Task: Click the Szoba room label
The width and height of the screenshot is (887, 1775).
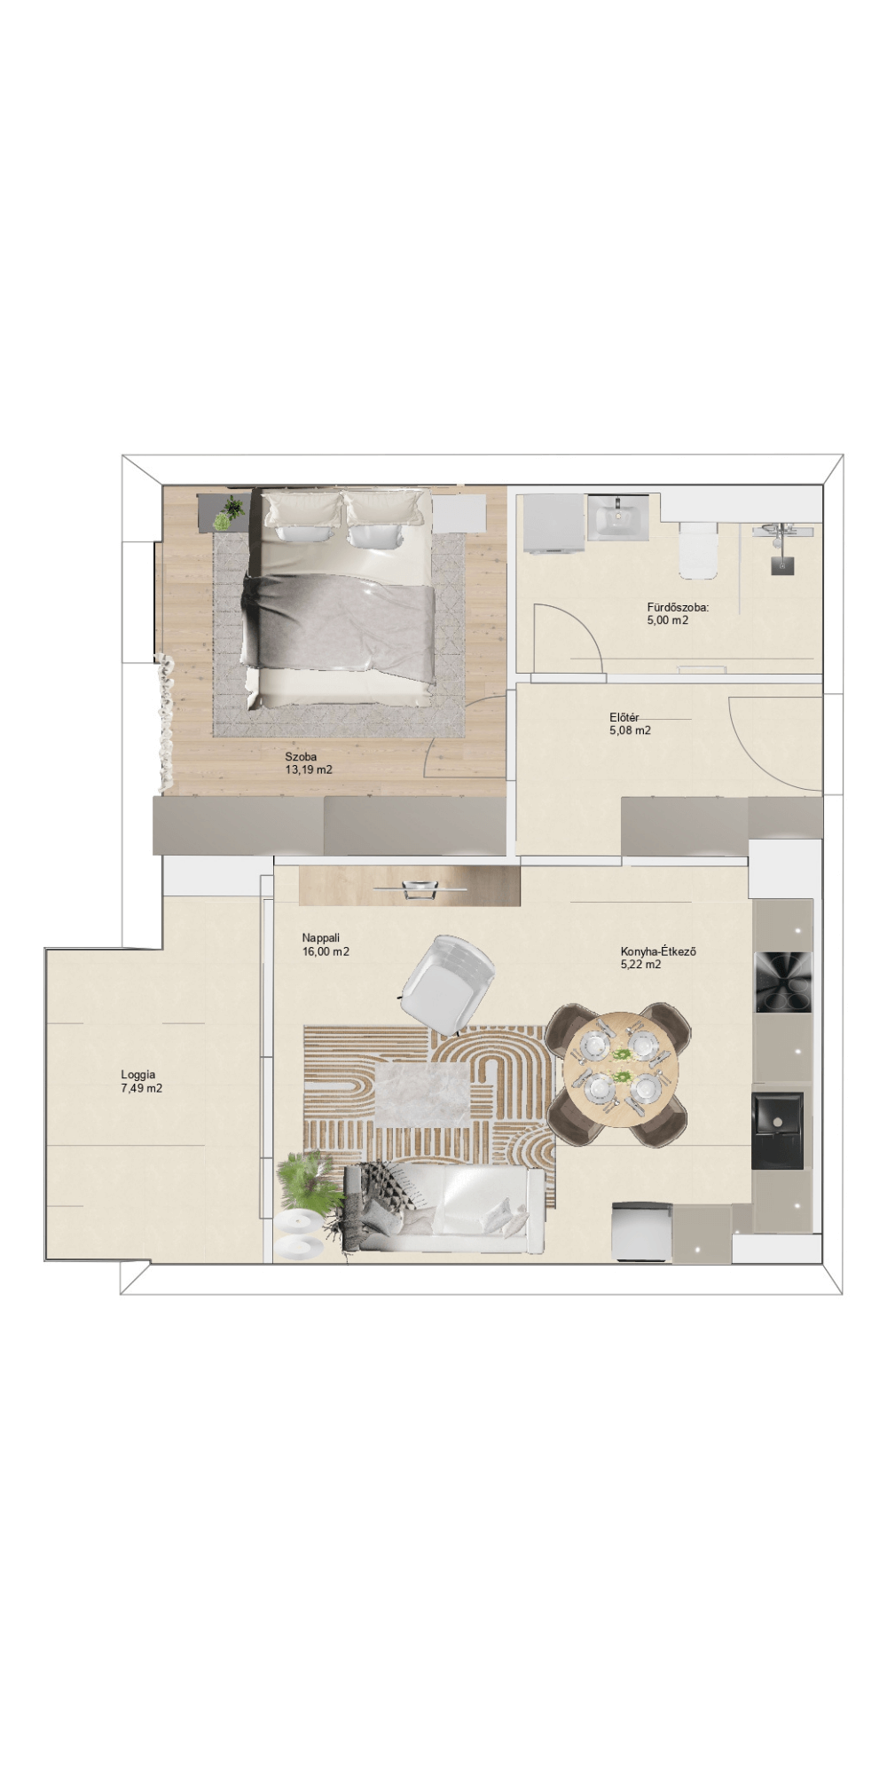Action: [301, 757]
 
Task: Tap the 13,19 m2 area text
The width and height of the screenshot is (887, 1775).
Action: [309, 770]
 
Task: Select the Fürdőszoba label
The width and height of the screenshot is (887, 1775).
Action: [678, 608]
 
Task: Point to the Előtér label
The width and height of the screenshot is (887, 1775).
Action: [624, 718]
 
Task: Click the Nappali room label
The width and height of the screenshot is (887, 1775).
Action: [321, 938]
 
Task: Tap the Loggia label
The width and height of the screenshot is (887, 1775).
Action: [138, 1075]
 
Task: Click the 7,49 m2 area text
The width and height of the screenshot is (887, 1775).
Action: [142, 1088]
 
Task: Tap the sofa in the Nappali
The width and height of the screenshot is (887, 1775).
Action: [444, 1210]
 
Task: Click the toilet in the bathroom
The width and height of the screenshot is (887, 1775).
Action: [697, 548]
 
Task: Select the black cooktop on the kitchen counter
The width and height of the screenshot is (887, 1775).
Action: [782, 982]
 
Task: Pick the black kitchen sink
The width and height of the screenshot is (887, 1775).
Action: [778, 1131]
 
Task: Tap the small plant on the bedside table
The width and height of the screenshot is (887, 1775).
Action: [232, 510]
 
